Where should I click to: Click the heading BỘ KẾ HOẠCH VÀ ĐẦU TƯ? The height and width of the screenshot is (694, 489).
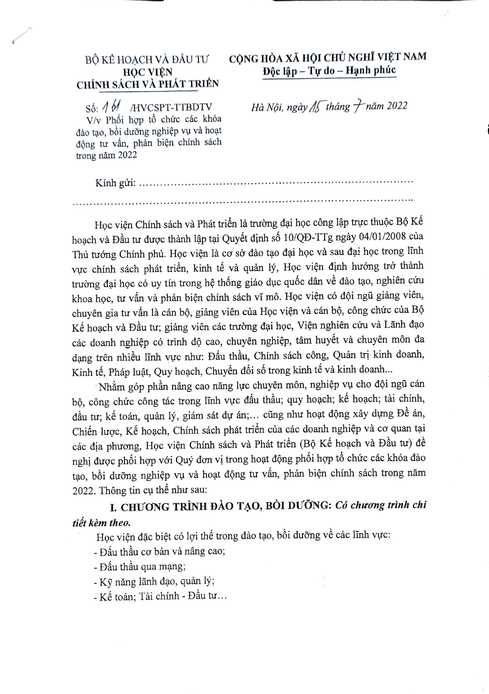tap(147, 59)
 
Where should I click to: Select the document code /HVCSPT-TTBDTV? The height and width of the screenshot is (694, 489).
tap(171, 107)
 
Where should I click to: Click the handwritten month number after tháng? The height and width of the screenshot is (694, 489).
tap(357, 107)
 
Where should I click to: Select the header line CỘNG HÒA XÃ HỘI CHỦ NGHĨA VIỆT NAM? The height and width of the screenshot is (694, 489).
tap(328, 57)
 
